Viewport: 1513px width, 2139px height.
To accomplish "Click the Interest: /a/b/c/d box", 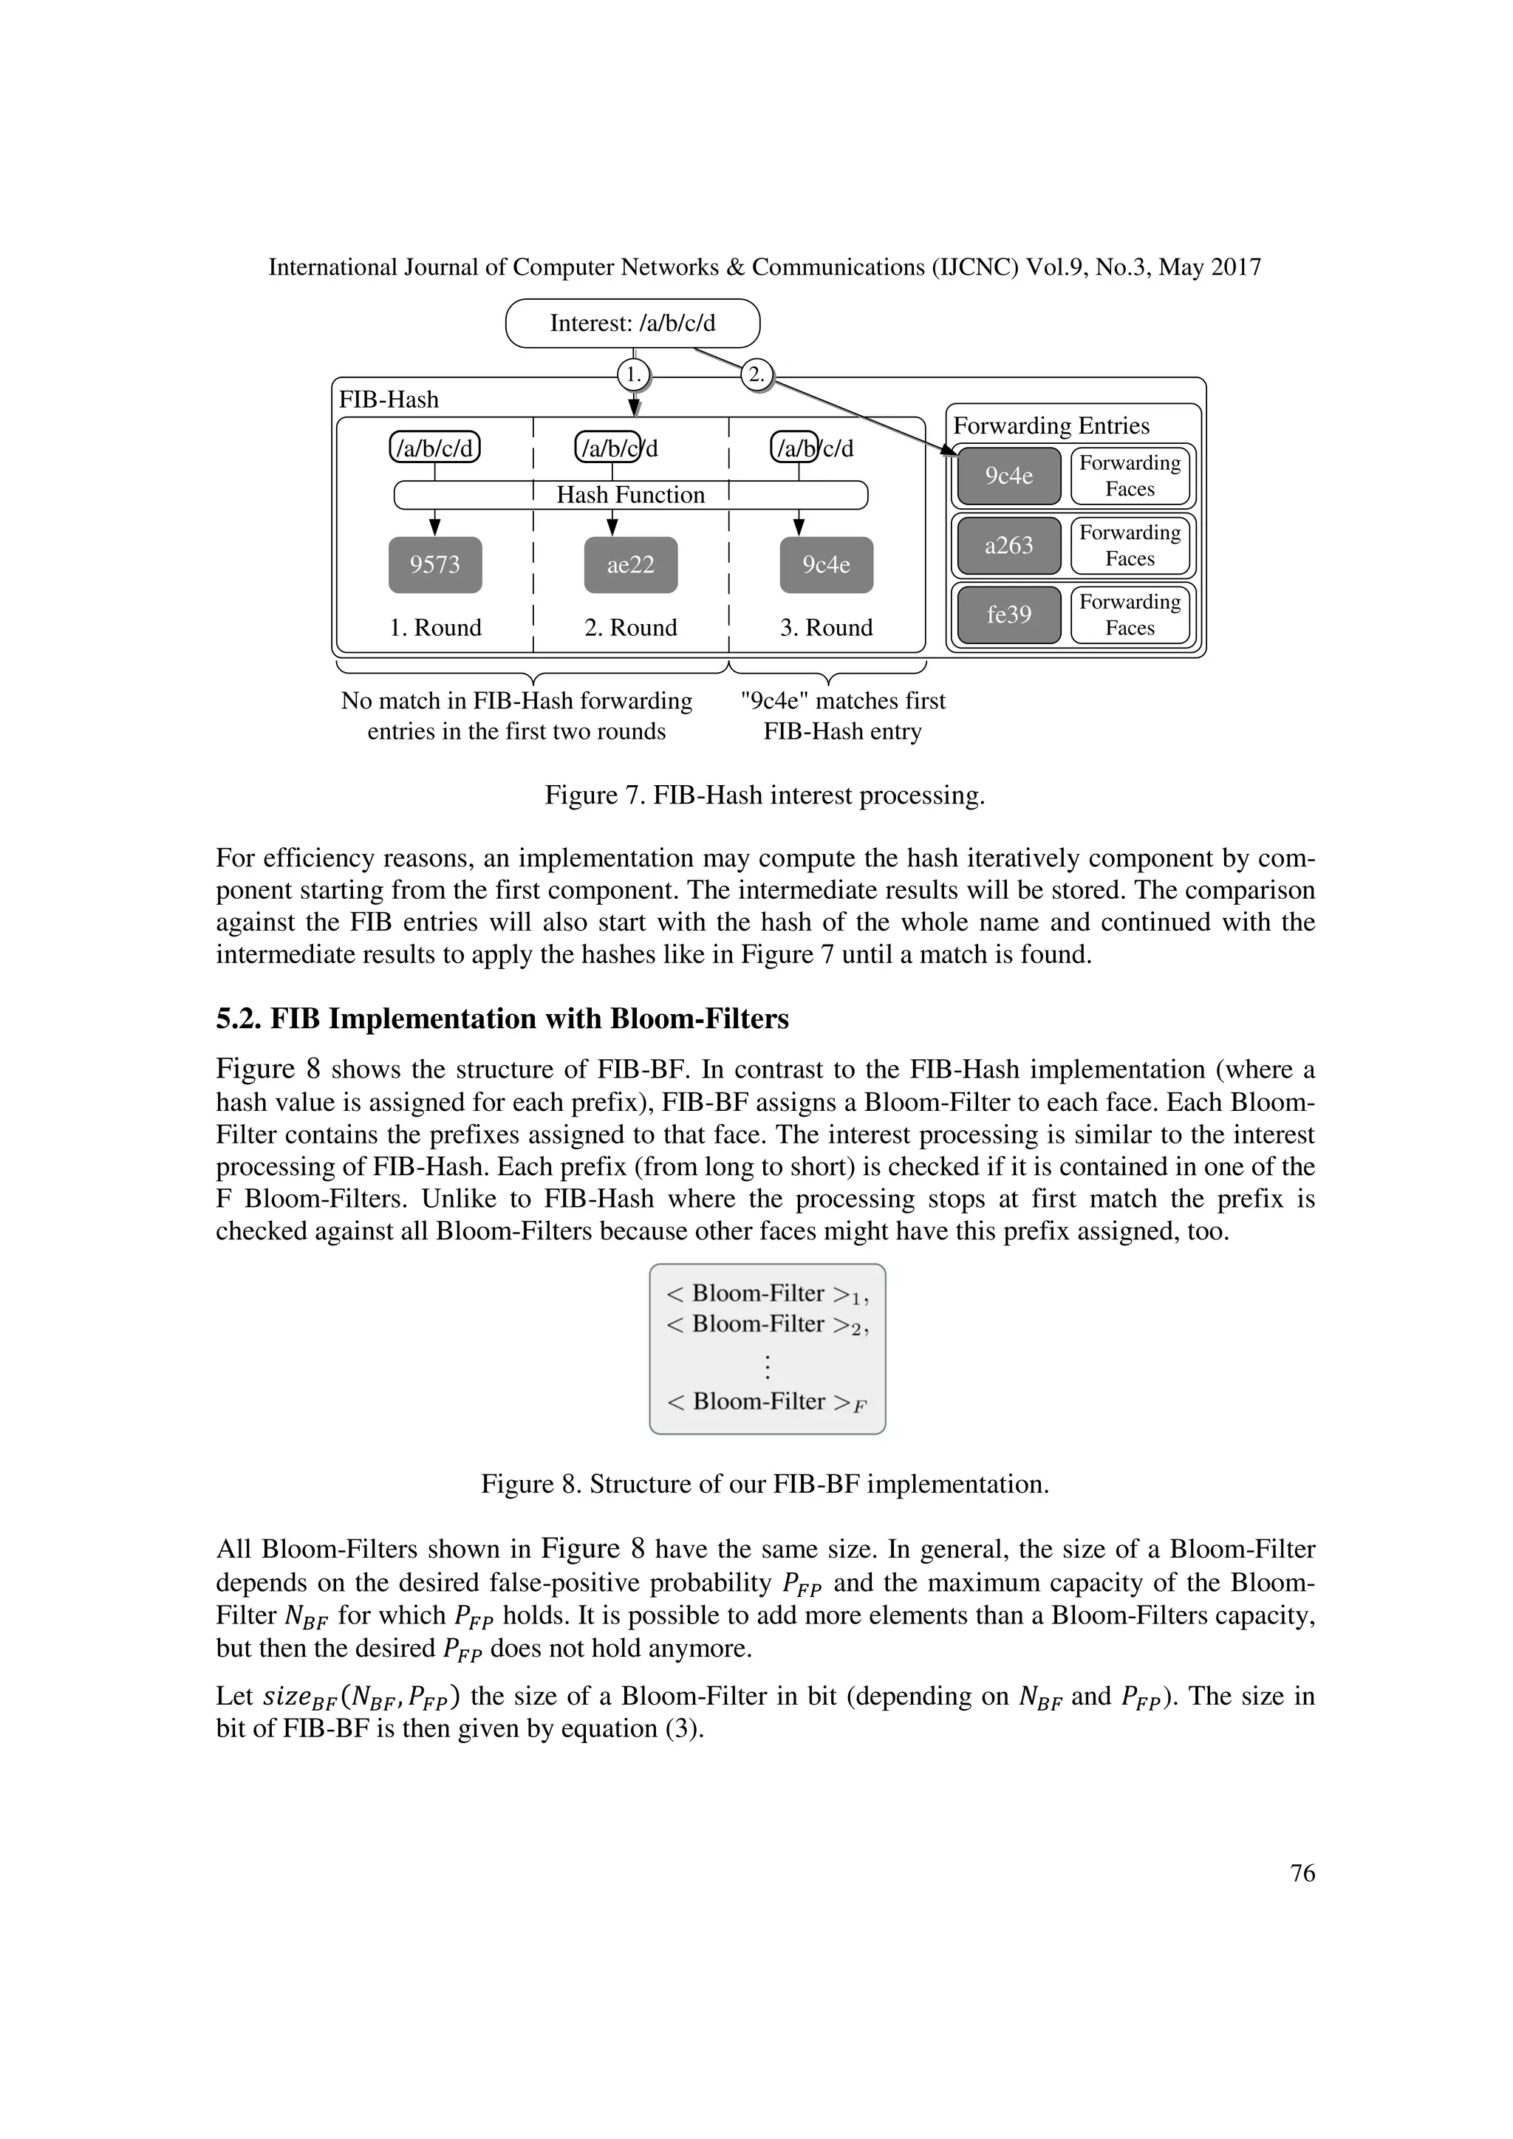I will coord(632,324).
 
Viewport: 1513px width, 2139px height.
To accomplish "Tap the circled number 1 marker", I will coord(634,374).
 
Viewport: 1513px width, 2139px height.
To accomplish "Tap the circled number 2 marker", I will coord(756,374).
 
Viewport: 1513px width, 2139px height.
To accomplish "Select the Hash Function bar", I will coord(631,495).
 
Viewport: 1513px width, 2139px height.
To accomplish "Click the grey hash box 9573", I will coord(435,564).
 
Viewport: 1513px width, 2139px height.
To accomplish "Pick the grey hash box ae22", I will coord(631,564).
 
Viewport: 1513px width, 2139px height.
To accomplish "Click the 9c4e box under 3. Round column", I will coord(827,564).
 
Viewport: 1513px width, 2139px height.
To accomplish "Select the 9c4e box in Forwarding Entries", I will coord(1009,476).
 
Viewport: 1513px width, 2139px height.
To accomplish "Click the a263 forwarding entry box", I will coord(1009,545).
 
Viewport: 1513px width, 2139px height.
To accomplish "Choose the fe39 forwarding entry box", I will coord(1009,615).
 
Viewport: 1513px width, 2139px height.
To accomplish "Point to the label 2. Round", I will coord(631,628).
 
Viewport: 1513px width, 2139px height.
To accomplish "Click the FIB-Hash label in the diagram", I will coord(389,400).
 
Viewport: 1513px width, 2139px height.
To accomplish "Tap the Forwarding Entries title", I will coord(1051,425).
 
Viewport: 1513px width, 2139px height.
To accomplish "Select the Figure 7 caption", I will coord(764,795).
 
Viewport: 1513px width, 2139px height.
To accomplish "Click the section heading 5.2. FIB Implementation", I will coord(502,1019).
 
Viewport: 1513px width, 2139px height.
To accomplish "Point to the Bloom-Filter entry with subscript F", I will coord(766,1401).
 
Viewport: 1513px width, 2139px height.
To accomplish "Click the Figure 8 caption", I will coord(764,1484).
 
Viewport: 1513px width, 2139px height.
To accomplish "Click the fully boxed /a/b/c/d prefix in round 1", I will coord(435,448).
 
